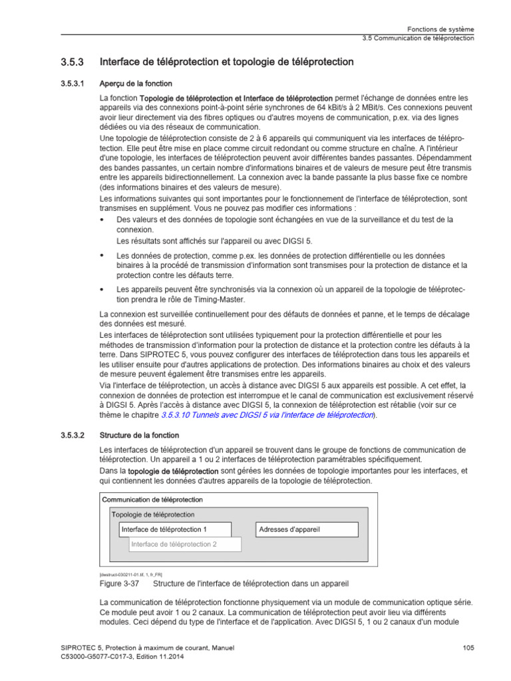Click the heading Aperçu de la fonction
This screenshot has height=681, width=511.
[136, 84]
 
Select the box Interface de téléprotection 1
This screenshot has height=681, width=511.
[175, 529]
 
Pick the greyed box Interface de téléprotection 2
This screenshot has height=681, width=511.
[184, 544]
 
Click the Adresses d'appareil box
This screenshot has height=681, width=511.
[307, 529]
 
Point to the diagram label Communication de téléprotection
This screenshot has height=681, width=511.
[152, 499]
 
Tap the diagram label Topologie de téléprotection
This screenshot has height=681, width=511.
[154, 514]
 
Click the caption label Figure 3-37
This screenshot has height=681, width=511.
[118, 584]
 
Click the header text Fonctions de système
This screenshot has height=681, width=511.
[440, 29]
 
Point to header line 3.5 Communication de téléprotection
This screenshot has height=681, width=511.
[418, 38]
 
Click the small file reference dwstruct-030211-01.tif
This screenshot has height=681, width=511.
[130, 574]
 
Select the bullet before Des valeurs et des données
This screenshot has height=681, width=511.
[102, 219]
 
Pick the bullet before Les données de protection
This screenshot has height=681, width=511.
[102, 255]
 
